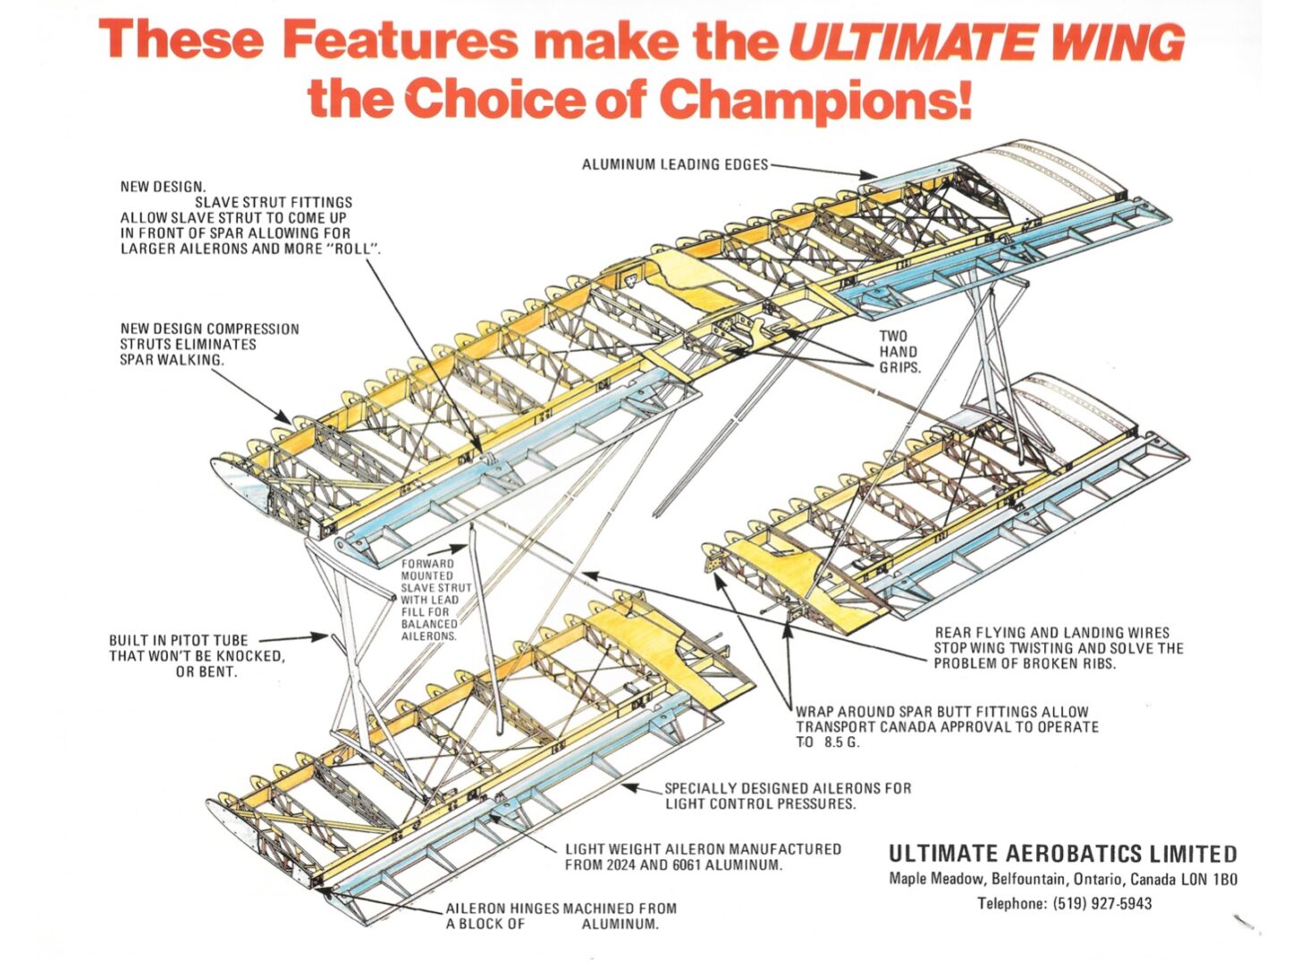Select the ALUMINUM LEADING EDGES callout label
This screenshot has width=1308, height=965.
coord(674,164)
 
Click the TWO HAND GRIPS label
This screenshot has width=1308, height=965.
coord(898,352)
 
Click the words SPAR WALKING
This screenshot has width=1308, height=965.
coord(171,360)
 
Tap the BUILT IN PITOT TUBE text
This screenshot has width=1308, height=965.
coord(179,641)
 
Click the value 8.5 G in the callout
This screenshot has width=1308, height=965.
coord(840,743)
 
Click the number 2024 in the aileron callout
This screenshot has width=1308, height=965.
coord(620,865)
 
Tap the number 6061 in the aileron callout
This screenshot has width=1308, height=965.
coord(700,865)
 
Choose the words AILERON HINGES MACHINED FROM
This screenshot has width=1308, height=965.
coord(561,909)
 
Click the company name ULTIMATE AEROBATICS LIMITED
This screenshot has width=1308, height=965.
coord(1062,854)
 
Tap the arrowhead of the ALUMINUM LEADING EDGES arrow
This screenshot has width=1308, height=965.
coord(873,177)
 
